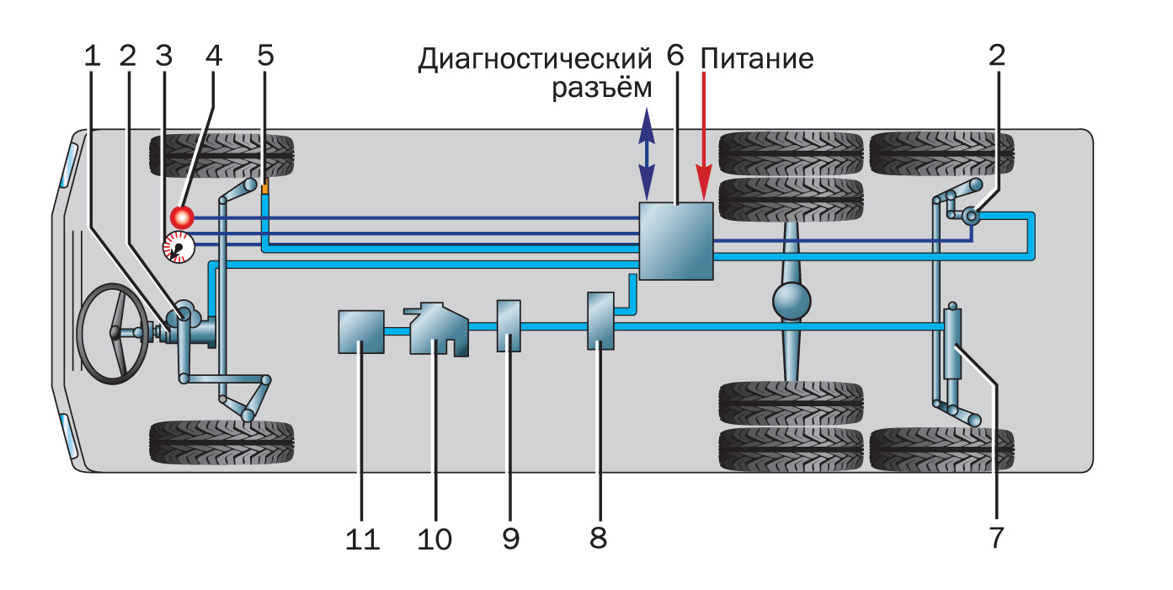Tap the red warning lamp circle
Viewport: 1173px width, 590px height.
tap(181, 217)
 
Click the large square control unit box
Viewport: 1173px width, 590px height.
tap(676, 241)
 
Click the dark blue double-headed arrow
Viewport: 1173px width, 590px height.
tap(647, 153)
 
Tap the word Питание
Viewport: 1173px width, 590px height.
tap(757, 60)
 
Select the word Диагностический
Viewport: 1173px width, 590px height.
tap(536, 60)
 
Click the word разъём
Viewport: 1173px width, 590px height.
tap(601, 88)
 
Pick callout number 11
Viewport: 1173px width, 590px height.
tap(361, 539)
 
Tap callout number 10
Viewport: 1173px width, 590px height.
tap(435, 539)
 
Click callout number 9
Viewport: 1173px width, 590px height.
tap(510, 539)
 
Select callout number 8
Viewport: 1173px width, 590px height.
tap(598, 539)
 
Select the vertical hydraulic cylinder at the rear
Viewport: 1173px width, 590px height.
tap(952, 344)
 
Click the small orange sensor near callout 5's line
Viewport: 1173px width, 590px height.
tap(264, 188)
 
